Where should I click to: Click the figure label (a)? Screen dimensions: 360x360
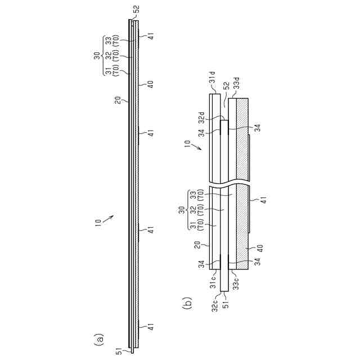[99, 339]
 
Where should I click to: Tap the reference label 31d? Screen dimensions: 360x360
[212, 78]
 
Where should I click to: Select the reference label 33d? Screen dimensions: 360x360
[236, 83]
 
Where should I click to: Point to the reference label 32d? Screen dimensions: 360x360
[201, 118]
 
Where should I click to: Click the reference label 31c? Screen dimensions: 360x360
[213, 282]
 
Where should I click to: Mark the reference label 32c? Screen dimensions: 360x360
[215, 305]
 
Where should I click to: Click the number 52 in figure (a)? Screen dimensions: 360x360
[136, 10]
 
